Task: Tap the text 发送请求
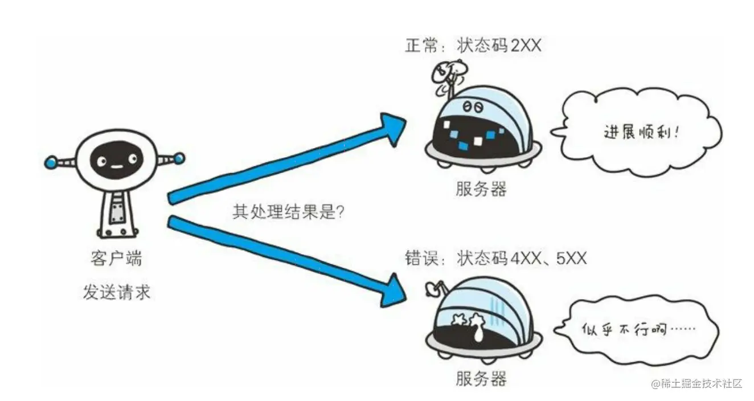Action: point(116,293)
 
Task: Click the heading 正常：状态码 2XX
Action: point(473,46)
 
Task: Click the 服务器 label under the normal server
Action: point(481,189)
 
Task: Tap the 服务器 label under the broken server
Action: point(481,378)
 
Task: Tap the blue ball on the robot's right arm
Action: point(179,157)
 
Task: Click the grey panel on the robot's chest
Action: point(116,210)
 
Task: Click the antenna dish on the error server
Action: point(428,291)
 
